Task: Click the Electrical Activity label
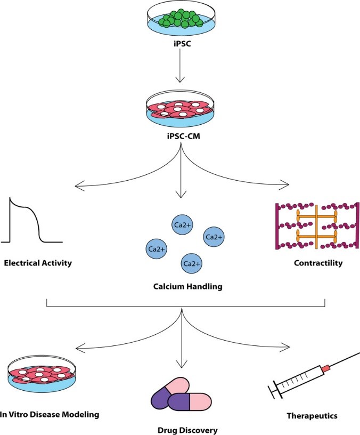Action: [x=38, y=263]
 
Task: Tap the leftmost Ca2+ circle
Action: [x=156, y=248]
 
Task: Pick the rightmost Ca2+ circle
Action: [x=214, y=237]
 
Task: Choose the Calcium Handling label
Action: [x=179, y=287]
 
